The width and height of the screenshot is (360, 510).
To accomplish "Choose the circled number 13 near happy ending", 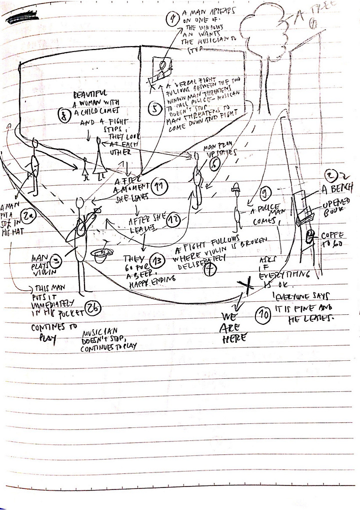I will coord(158,260).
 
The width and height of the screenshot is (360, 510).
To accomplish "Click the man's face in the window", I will coord(162,67).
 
